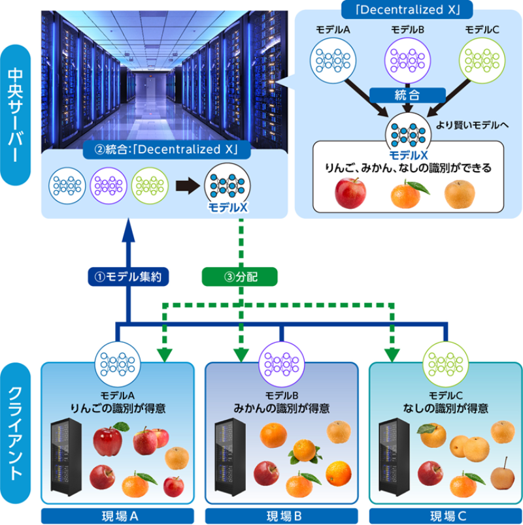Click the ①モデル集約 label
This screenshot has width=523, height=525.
click(x=129, y=276)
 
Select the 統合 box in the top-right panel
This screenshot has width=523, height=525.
click(x=403, y=94)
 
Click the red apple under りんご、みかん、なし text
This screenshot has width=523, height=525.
click(x=350, y=193)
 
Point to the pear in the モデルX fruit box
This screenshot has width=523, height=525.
click(x=460, y=193)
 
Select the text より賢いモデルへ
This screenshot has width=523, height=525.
click(x=471, y=124)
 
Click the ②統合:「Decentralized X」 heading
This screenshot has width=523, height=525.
click(x=164, y=150)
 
